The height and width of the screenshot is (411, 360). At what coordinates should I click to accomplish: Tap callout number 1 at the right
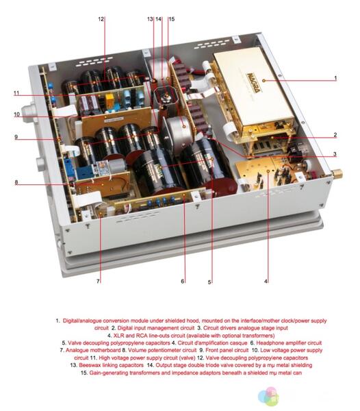pyautogui.click(x=335, y=78)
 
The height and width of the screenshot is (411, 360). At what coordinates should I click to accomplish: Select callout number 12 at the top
pyautogui.click(x=101, y=19)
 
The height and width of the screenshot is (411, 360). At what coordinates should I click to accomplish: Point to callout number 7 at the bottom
pyautogui.click(x=98, y=282)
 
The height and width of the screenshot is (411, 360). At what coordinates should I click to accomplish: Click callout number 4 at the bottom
pyautogui.click(x=266, y=282)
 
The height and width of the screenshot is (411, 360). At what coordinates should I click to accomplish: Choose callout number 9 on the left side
pyautogui.click(x=16, y=137)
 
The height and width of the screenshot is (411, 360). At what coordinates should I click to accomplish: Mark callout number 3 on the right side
pyautogui.click(x=335, y=154)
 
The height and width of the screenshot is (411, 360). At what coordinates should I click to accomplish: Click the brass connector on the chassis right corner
pyautogui.click(x=336, y=173)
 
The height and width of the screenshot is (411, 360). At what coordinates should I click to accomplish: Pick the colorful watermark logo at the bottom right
pyautogui.click(x=268, y=397)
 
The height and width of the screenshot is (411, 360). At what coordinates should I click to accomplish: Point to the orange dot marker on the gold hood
pyautogui.click(x=264, y=81)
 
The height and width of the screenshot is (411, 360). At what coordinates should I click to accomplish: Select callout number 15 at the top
pyautogui.click(x=172, y=19)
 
